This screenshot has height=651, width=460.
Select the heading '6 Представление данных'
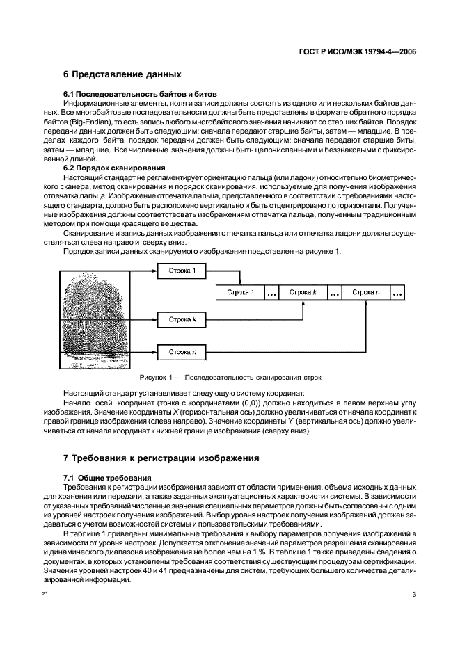pyautogui.click(x=122, y=74)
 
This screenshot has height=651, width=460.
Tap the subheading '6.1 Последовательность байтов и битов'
pyautogui.click(x=141, y=93)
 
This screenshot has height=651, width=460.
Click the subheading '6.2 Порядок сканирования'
pyautogui.click(x=114, y=168)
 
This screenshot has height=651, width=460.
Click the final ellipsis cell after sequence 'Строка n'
pyautogui.click(x=398, y=293)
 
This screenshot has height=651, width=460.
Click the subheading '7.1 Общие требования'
pyautogui.click(x=107, y=477)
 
